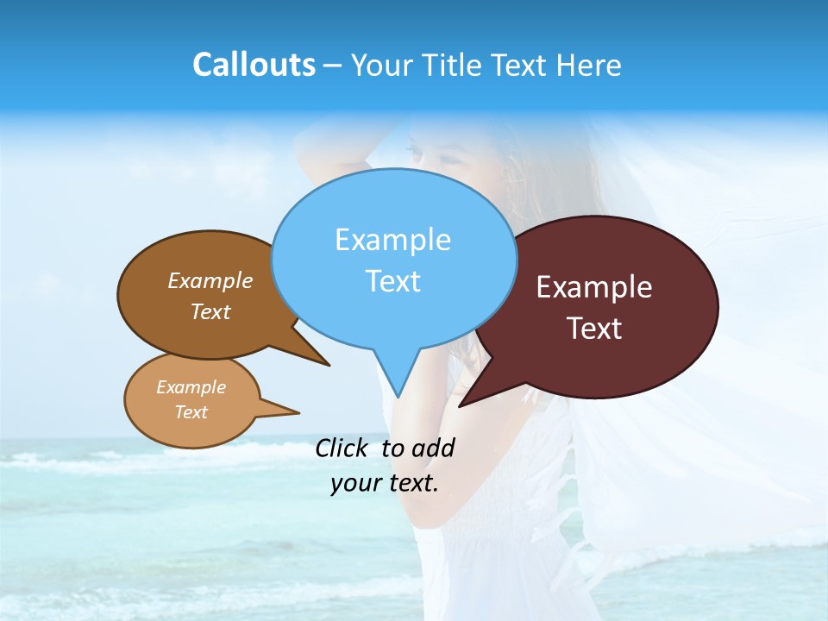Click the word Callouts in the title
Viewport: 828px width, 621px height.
pos(254,65)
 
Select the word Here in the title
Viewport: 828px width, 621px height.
pos(589,65)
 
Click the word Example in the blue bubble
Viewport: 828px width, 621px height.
pos(392,240)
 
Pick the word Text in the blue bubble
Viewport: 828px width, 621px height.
pos(392,281)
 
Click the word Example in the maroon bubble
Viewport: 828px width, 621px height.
pos(594,287)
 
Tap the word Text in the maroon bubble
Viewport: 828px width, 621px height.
pos(594,329)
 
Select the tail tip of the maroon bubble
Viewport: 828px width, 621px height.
pos(461,405)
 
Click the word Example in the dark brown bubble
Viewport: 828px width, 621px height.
pos(210,280)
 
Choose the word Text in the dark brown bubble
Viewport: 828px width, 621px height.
pos(210,311)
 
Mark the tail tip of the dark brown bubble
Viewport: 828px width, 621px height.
pos(329,365)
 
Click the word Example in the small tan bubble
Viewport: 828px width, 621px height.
pos(191,387)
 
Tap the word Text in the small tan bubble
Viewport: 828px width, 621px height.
pos(191,412)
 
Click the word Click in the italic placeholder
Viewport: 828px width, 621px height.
pos(342,448)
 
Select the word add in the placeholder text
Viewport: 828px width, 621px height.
pos(432,448)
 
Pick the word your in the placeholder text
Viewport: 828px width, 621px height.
pos(355,484)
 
